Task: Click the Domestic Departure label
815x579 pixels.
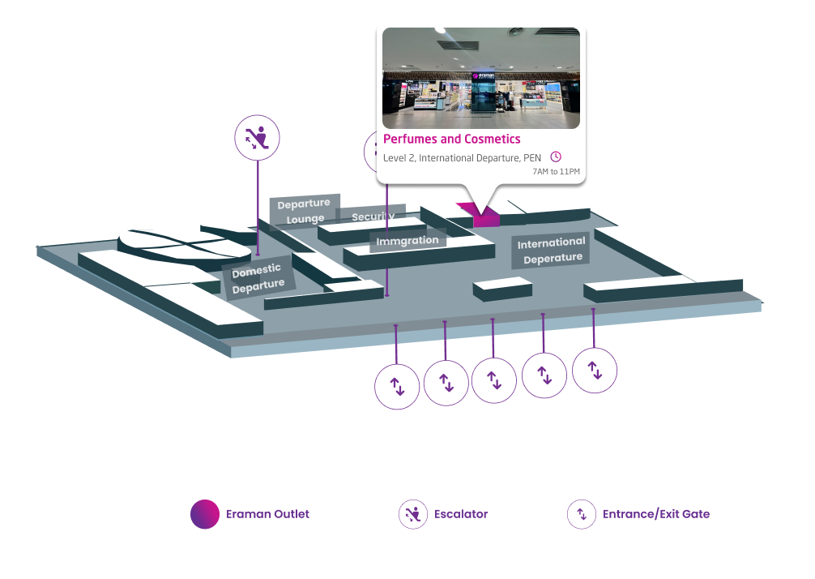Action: [x=258, y=277]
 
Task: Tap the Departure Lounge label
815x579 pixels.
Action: [x=305, y=211]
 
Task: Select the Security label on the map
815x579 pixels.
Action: [x=373, y=217]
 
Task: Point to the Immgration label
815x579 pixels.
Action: [x=407, y=241]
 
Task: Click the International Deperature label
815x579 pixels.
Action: [x=552, y=250]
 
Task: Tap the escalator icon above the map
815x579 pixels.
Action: [x=257, y=137]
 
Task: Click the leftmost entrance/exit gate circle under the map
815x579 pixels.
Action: [x=397, y=386]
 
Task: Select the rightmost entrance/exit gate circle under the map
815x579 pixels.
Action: [x=595, y=371]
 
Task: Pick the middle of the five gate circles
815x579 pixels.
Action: [x=494, y=380]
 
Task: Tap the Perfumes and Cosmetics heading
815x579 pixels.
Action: [x=451, y=139]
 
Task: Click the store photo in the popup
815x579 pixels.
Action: [x=481, y=78]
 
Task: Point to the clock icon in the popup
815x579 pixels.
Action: [x=556, y=157]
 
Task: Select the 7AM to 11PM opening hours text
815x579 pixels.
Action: [x=556, y=172]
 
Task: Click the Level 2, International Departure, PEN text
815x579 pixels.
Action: [x=463, y=157]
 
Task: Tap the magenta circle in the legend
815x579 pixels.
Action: [x=205, y=514]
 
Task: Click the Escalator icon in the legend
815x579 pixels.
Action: [x=413, y=514]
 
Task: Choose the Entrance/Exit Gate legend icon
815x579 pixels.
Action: [x=581, y=514]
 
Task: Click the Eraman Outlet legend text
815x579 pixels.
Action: [x=267, y=514]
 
